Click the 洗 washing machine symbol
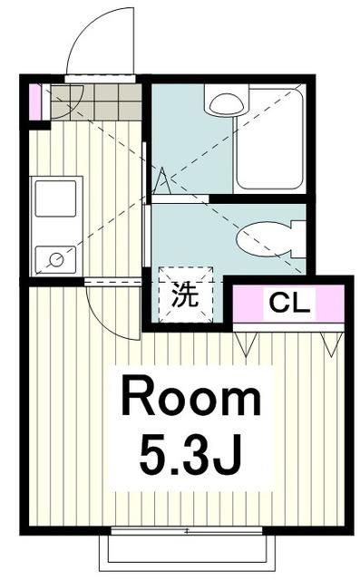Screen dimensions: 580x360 (x=185, y=295)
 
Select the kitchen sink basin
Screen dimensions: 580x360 (x=55, y=199)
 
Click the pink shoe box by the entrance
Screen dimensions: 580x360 (x=35, y=101)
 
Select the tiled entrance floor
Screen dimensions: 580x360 (x=94, y=101)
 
